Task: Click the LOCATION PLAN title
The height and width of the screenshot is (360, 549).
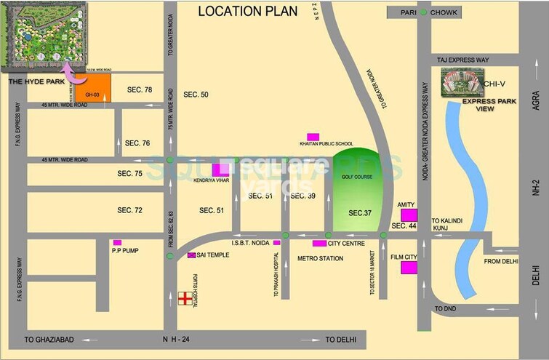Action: pos(249,11)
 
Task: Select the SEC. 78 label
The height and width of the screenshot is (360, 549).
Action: pos(140,89)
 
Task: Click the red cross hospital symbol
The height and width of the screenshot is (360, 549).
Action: pos(185,299)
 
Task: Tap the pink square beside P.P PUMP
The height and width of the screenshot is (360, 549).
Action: pos(117,243)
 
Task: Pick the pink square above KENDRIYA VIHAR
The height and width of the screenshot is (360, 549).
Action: pos(219,170)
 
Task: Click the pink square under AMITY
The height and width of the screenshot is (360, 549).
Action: pos(409,215)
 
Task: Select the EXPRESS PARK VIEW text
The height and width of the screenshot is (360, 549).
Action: pos(489,105)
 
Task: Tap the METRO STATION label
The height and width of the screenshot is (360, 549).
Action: pos(321,258)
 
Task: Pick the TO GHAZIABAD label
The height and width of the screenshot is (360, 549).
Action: pos(50,340)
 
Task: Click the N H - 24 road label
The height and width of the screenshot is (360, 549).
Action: pos(180,340)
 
